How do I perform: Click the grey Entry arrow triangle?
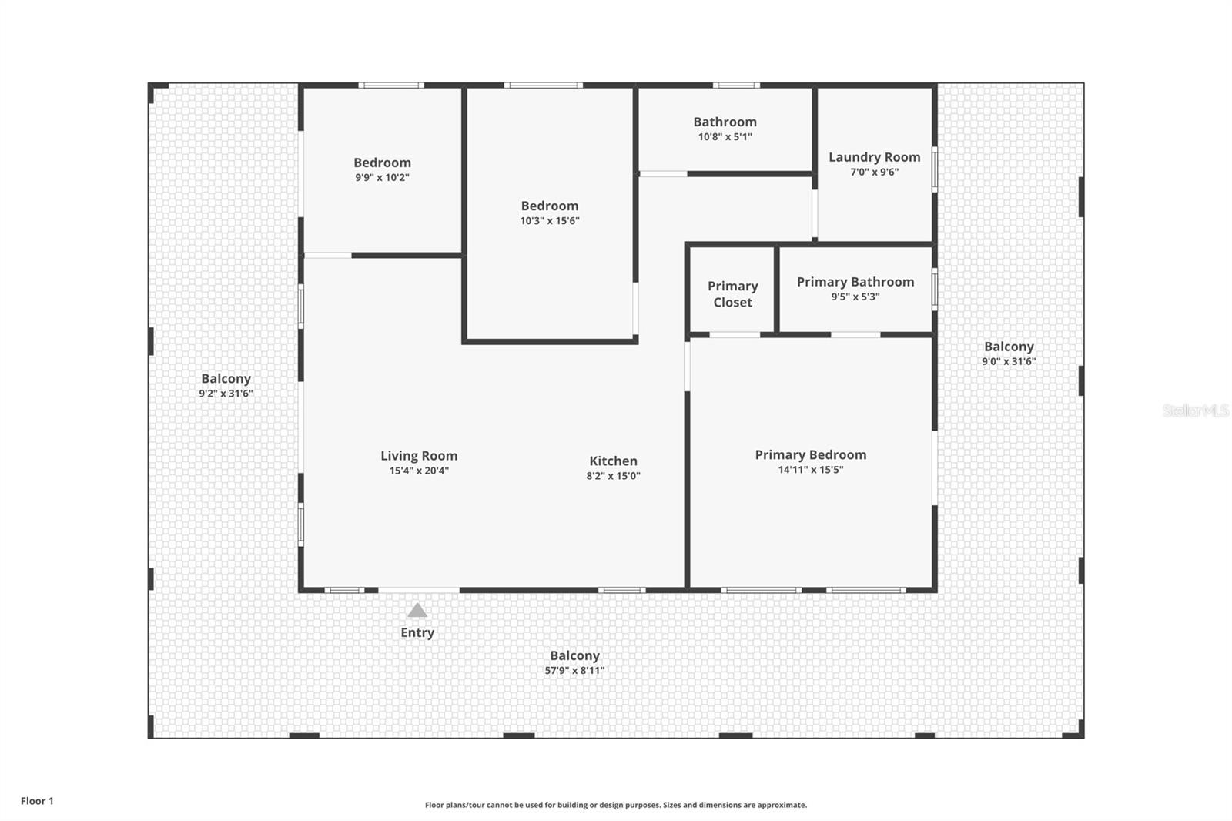(417, 610)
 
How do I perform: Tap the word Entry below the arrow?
(417, 633)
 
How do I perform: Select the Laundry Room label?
(875, 157)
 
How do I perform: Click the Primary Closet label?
(732, 294)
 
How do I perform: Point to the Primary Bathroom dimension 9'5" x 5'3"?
(855, 297)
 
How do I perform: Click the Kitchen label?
(613, 461)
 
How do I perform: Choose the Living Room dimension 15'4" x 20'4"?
(419, 471)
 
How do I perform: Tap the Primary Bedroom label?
(811, 454)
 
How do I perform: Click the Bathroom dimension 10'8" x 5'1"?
(725, 136)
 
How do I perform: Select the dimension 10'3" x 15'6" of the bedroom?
(550, 221)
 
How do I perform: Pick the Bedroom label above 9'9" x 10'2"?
(382, 163)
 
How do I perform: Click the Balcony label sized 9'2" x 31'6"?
(226, 379)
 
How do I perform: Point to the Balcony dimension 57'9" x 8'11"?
(574, 670)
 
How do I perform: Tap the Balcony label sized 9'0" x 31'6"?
(1009, 347)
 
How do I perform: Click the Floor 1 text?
(38, 801)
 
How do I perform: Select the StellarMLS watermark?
(1196, 410)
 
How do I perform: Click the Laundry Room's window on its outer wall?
(935, 169)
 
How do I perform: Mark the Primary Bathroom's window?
(935, 290)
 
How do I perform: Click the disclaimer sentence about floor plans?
(616, 805)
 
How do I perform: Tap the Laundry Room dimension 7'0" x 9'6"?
(875, 172)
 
